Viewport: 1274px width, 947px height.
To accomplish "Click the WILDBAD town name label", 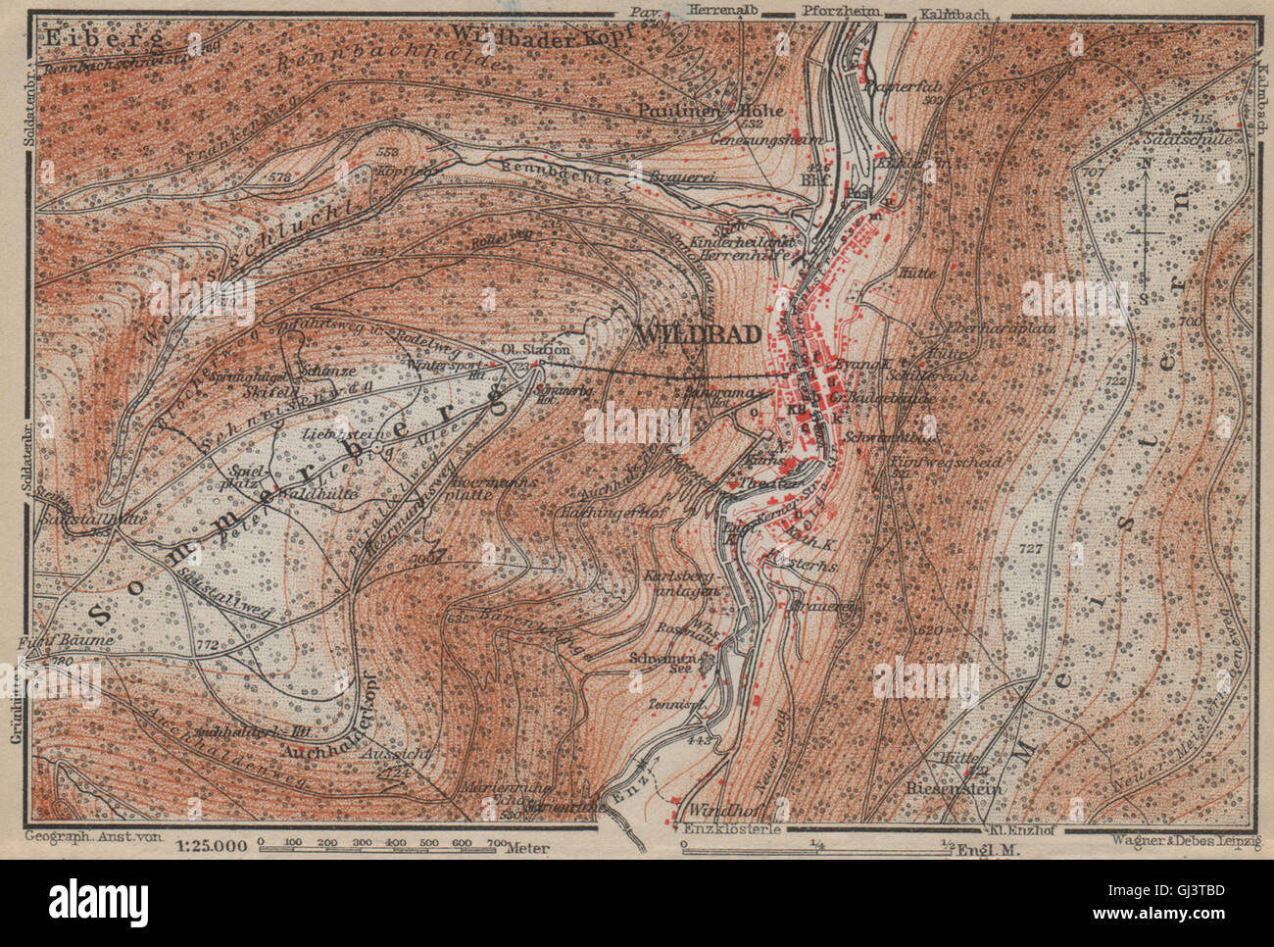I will pyautogui.click(x=699, y=334).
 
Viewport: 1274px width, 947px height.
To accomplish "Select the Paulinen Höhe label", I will pyautogui.click(x=710, y=111).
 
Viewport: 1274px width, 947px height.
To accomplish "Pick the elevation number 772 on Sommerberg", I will pyautogui.click(x=207, y=647).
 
